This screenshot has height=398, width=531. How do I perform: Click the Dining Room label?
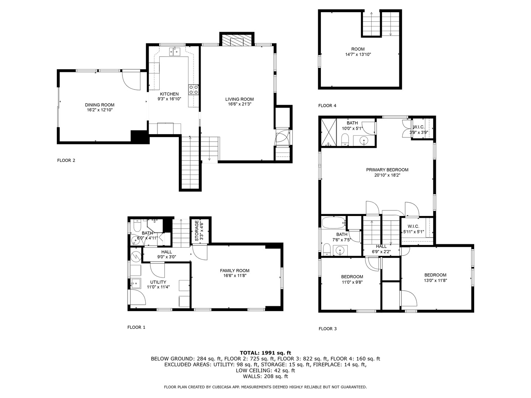coord(100,105)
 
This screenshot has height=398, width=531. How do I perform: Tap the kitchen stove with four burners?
coord(194,90)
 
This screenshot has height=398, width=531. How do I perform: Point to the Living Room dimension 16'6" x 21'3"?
coord(239,104)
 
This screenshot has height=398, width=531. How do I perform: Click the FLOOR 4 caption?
coord(327,106)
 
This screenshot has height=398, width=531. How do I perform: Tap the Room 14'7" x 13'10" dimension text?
coord(358,55)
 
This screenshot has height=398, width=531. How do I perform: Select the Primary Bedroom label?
coord(387,170)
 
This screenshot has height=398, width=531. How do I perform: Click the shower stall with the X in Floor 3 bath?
coord(329,132)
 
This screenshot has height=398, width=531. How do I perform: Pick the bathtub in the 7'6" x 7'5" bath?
coord(334,222)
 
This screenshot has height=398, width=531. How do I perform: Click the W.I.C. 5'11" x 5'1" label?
coord(413,229)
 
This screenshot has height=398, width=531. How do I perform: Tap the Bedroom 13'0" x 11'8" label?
coord(435,277)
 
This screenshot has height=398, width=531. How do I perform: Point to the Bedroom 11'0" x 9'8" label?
coord(352,279)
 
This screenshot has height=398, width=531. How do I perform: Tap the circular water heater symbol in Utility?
coord(136,256)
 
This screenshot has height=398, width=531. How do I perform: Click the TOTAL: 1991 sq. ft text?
coord(265,353)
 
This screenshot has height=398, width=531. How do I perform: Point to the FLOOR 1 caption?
coord(136,328)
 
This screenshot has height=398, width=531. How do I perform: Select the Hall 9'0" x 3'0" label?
coord(167,254)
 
